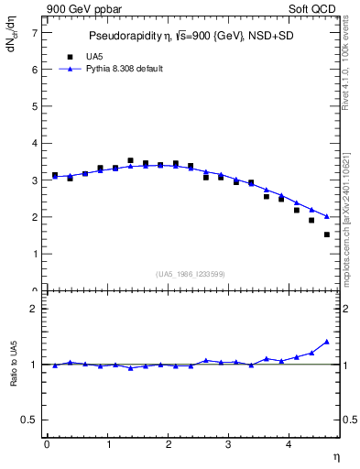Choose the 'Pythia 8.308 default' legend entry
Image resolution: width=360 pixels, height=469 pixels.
point(117,69)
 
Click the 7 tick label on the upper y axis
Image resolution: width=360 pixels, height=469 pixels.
point(34,32)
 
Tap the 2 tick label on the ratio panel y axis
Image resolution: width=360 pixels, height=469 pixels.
point(34,309)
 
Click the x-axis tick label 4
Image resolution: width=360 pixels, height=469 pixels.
point(289,444)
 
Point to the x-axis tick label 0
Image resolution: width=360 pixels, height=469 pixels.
point(47,444)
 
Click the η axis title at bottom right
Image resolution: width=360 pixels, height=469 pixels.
point(336,456)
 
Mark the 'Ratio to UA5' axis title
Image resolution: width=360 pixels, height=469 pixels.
point(14,377)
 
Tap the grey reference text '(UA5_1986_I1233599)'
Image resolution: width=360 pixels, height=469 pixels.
point(191,273)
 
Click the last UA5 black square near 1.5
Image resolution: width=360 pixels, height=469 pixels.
point(327,234)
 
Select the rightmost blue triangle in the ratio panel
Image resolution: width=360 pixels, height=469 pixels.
point(327,342)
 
